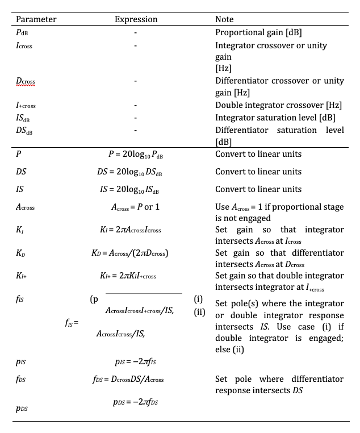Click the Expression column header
(136, 19)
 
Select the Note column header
(224, 19)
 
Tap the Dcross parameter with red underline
(25, 82)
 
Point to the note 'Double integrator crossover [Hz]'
(278, 106)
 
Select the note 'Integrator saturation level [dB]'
(275, 118)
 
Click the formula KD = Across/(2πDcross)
(136, 253)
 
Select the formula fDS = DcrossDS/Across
(136, 378)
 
